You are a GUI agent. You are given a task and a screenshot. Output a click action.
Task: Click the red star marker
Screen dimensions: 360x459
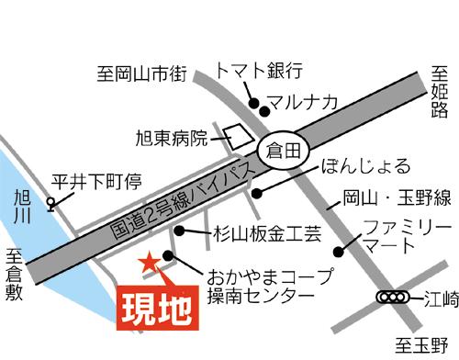click(148, 264)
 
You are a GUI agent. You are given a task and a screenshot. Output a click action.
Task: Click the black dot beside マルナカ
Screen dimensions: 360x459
click(264, 111)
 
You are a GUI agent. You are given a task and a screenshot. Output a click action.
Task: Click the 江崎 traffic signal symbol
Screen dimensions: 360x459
click(392, 298)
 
